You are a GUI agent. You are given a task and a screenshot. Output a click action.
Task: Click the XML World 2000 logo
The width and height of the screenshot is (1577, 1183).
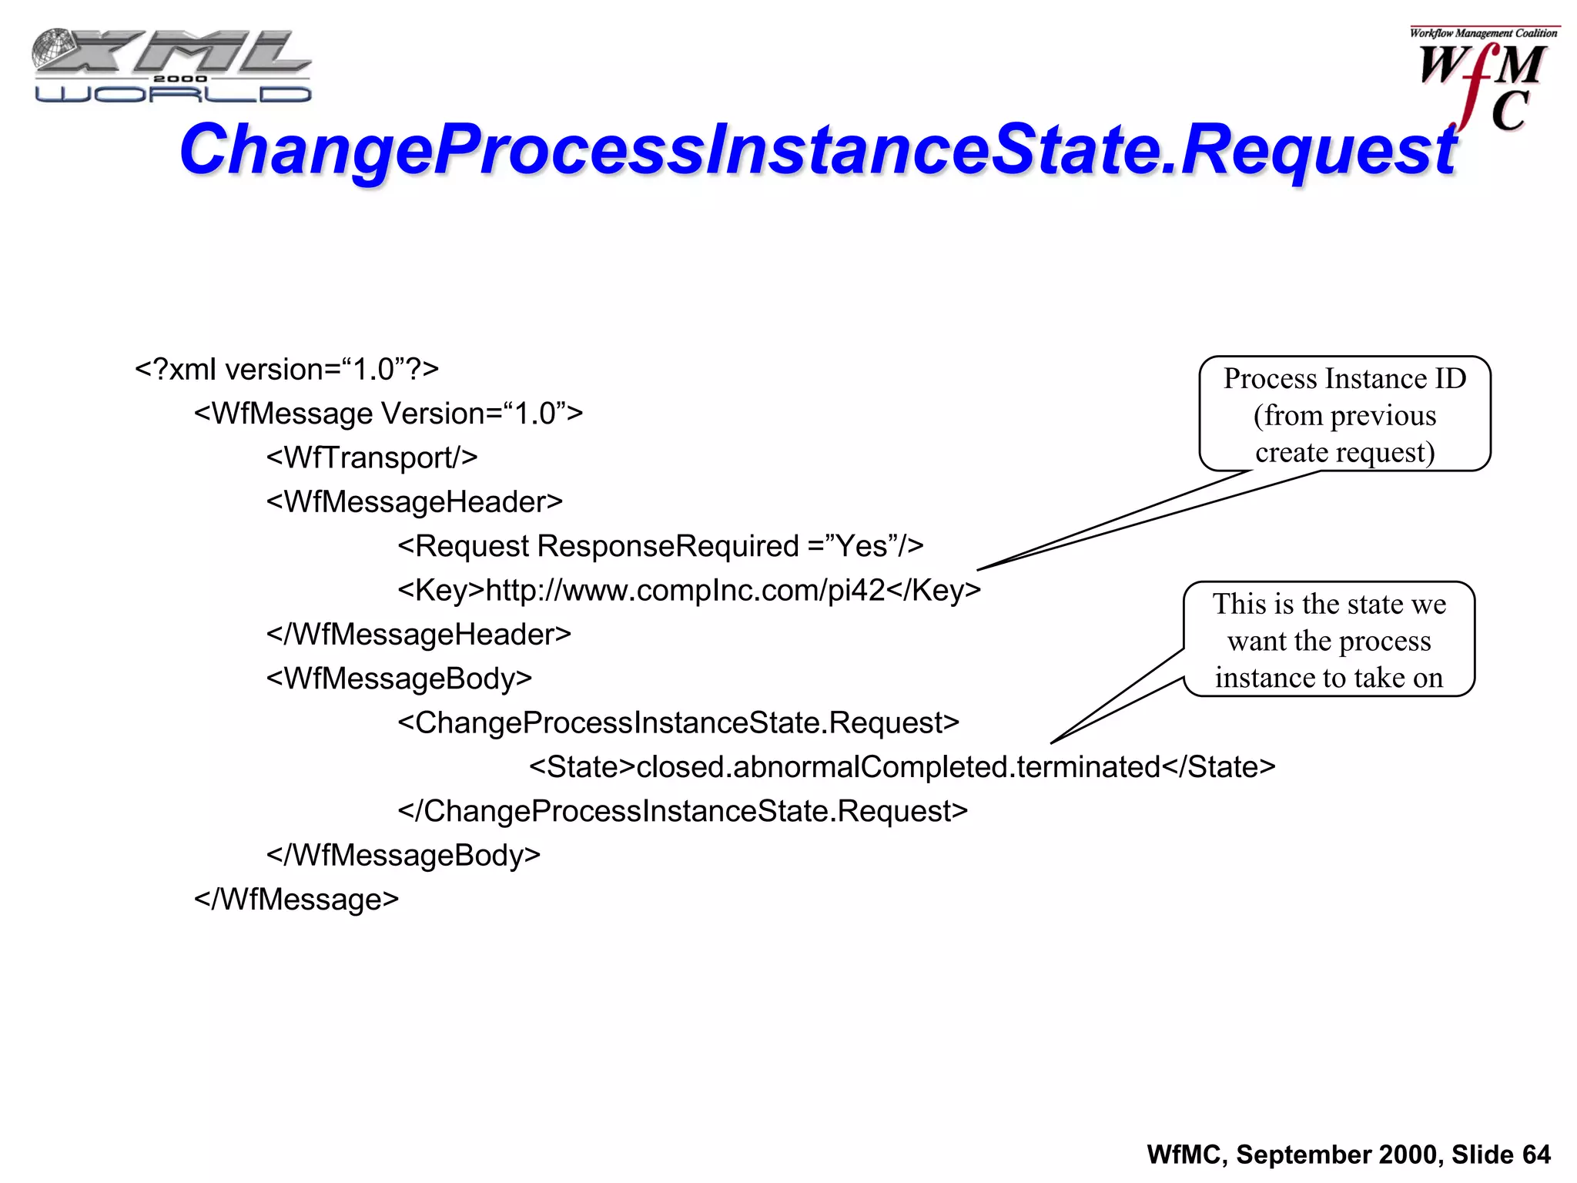pyautogui.click(x=172, y=66)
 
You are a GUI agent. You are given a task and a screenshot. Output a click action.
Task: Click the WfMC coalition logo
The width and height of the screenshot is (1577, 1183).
pyautogui.click(x=1482, y=81)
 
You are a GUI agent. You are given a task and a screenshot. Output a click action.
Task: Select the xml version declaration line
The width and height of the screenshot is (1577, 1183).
pyautogui.click(x=286, y=370)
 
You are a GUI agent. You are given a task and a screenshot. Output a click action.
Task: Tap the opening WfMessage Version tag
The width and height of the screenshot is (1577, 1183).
pyautogui.click(x=388, y=414)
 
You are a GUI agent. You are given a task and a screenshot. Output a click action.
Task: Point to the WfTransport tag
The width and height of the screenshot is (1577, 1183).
pyautogui.click(x=372, y=457)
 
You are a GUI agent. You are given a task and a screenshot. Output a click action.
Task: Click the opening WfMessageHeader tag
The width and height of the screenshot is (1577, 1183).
pyautogui.click(x=414, y=502)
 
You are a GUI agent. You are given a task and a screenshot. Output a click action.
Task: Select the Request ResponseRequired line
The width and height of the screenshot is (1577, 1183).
pyautogui.click(x=660, y=546)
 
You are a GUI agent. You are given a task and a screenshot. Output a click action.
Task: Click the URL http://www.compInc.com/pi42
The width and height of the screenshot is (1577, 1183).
pyautogui.click(x=685, y=590)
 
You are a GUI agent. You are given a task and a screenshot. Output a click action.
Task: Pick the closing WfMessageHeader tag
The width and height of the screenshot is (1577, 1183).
pyautogui.click(x=418, y=635)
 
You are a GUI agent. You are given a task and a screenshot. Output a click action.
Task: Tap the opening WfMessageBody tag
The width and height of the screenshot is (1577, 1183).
pyautogui.click(x=399, y=679)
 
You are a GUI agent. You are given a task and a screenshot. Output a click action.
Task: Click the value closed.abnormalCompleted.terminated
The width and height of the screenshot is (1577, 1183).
pyautogui.click(x=898, y=767)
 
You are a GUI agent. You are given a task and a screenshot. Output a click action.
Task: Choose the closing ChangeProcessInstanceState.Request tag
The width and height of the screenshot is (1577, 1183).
pyautogui.click(x=682, y=811)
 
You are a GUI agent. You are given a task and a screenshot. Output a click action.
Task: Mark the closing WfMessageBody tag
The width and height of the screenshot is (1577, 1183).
pyautogui.click(x=403, y=856)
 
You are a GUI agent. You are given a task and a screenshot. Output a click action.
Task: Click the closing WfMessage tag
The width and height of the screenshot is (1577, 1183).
pyautogui.click(x=296, y=900)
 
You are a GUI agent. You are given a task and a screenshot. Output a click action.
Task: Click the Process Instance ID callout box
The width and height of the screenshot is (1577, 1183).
pyautogui.click(x=1344, y=414)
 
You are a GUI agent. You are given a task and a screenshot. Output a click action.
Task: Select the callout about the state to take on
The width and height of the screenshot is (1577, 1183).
pyautogui.click(x=1329, y=640)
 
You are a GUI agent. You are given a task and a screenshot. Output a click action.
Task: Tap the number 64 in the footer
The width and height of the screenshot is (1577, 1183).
pyautogui.click(x=1535, y=1155)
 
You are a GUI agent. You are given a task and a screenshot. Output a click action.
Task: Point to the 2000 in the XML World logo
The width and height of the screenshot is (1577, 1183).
pyautogui.click(x=180, y=79)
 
